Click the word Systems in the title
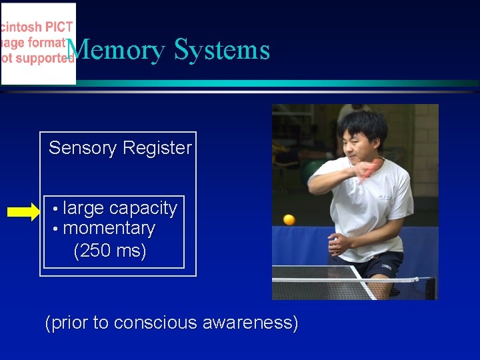point(222,51)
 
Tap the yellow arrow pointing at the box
point(23,213)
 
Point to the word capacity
point(143,209)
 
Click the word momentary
point(109,229)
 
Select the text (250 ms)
point(110,251)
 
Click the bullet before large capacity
point(57,209)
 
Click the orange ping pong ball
point(289,219)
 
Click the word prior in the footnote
point(69,323)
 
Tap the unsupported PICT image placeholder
point(38,44)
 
